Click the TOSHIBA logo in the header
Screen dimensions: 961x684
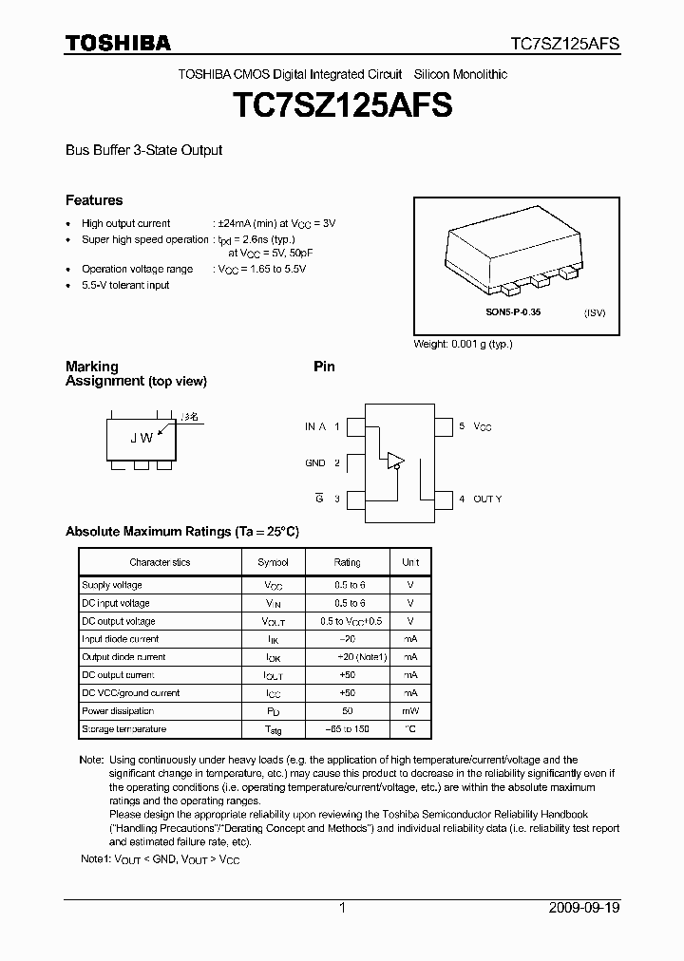pyautogui.click(x=118, y=43)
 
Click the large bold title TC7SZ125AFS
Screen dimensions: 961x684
pyautogui.click(x=342, y=104)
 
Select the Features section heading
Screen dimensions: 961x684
pyautogui.click(x=94, y=200)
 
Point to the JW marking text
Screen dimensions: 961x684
pyautogui.click(x=142, y=438)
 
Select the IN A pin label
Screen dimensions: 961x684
pyautogui.click(x=315, y=427)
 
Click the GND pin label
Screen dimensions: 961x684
pyautogui.click(x=315, y=463)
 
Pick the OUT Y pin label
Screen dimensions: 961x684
pyautogui.click(x=487, y=499)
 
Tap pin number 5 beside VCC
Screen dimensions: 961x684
pyautogui.click(x=462, y=427)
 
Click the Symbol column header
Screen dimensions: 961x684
pyautogui.click(x=273, y=562)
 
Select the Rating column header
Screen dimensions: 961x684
pyautogui.click(x=347, y=562)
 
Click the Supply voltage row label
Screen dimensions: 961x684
pyautogui.click(x=112, y=585)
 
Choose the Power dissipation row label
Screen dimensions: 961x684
pyautogui.click(x=118, y=711)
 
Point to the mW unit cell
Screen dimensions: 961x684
pyautogui.click(x=409, y=711)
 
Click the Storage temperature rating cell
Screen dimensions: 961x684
pyautogui.click(x=347, y=729)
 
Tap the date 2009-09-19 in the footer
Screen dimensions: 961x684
pyautogui.click(x=584, y=908)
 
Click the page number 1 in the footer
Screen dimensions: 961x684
pyautogui.click(x=342, y=908)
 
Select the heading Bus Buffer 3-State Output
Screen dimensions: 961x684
pyautogui.click(x=143, y=150)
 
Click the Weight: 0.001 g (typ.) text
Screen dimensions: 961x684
pyautogui.click(x=463, y=344)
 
